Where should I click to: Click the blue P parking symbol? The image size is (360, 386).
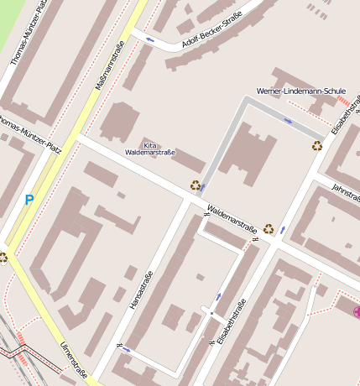point(29,201)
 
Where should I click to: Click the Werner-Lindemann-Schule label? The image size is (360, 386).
point(300,91)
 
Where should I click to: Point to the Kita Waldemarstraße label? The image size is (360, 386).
point(149,149)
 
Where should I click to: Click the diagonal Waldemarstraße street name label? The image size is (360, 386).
point(232,219)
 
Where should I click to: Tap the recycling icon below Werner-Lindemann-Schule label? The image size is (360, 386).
point(317,146)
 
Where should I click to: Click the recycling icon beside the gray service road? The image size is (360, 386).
point(196,185)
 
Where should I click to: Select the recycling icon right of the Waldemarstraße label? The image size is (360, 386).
point(269,227)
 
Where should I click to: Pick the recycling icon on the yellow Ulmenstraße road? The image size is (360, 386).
point(3,258)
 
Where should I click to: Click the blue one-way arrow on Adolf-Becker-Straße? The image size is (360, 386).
point(150,39)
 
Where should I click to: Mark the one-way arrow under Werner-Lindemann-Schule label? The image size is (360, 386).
point(288,121)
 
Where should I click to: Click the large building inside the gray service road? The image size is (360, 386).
point(248,151)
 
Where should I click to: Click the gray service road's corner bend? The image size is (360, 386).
point(246,101)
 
